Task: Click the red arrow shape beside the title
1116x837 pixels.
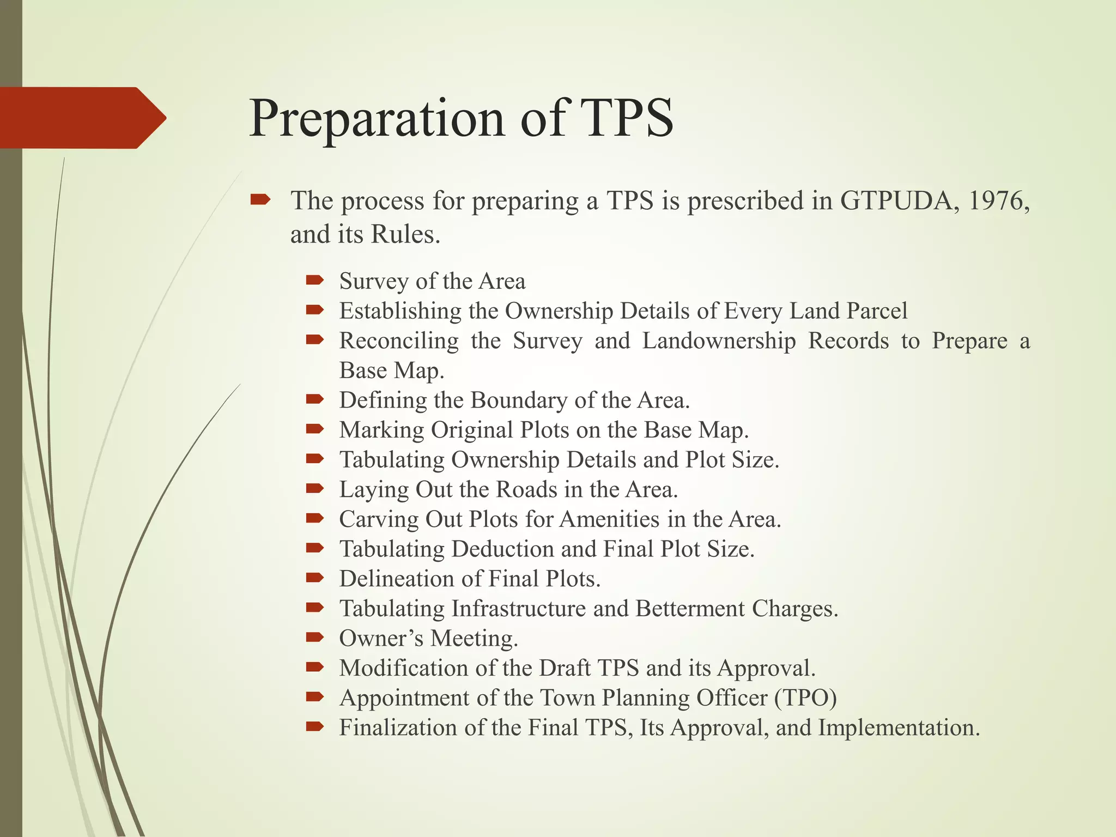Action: click(82, 118)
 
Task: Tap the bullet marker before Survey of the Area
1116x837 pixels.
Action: click(315, 281)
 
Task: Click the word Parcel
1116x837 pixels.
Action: click(877, 311)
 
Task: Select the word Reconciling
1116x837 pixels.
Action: click(399, 341)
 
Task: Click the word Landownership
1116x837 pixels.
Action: click(719, 341)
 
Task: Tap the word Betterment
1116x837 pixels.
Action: click(689, 608)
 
